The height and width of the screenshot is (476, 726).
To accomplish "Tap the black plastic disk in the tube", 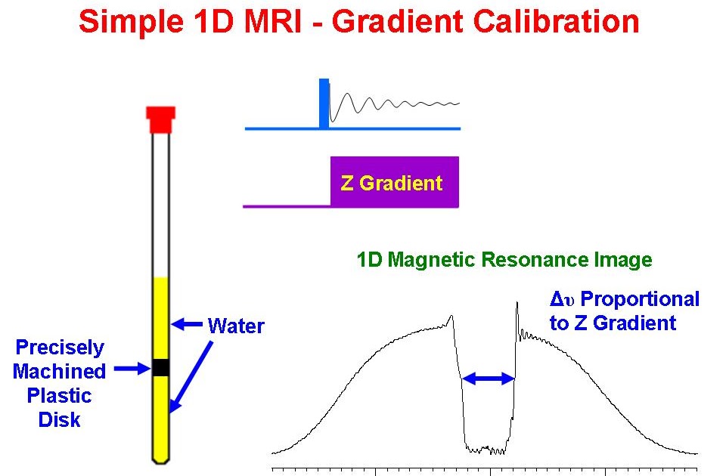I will (160, 367).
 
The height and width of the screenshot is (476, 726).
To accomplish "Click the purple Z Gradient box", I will (393, 182).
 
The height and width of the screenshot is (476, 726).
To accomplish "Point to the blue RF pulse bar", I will (324, 104).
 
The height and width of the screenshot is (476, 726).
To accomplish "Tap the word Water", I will (236, 326).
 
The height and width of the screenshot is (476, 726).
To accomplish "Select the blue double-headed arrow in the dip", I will (488, 379).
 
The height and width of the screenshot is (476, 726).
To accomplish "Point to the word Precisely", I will (60, 348).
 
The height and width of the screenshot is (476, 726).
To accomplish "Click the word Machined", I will (59, 372).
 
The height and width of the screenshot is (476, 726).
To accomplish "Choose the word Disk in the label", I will (60, 419).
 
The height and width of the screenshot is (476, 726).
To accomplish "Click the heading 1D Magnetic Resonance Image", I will (504, 261).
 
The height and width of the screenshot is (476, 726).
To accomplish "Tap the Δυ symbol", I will (564, 299).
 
